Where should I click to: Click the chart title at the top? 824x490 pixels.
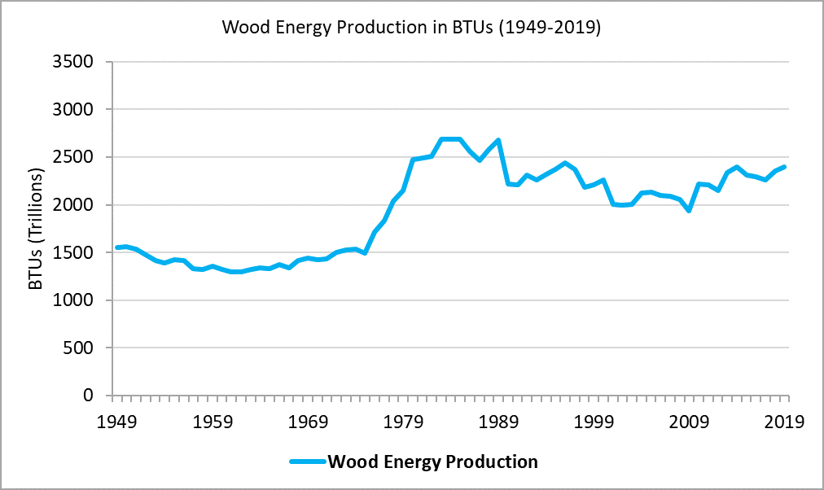[411, 28]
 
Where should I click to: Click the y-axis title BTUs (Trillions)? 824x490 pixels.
[35, 229]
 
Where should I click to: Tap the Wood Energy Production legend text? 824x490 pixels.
[432, 462]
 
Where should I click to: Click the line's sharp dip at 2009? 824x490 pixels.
[690, 211]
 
